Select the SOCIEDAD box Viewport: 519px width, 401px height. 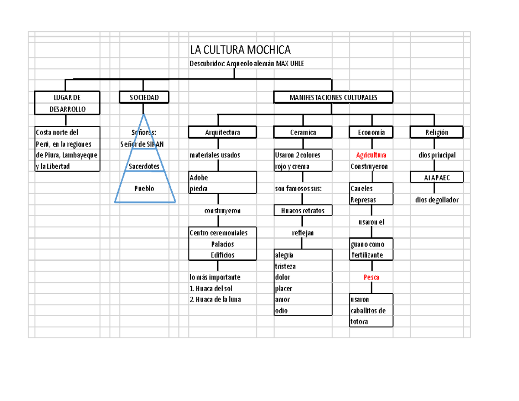(144, 98)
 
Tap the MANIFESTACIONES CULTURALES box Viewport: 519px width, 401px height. (333, 98)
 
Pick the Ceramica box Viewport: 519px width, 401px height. (303, 132)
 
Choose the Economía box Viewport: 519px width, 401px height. (371, 132)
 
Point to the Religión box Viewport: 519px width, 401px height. (436, 132)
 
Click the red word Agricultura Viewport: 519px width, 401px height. (371, 155)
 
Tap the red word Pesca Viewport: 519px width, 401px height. (371, 277)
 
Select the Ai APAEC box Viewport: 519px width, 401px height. (436, 177)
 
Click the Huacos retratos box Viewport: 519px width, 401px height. (303, 211)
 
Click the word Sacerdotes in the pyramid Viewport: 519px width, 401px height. (144, 166)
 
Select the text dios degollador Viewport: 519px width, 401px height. (436, 200)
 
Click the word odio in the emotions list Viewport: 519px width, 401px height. (281, 311)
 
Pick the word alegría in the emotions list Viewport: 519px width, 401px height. (284, 255)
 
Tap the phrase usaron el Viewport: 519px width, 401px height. (371, 222)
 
